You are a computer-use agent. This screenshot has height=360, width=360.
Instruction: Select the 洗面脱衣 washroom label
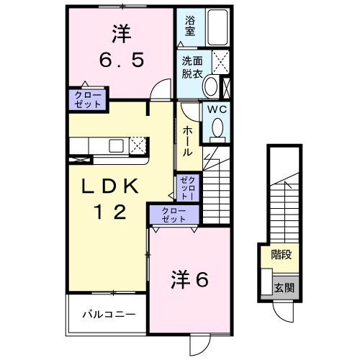(x=191, y=66)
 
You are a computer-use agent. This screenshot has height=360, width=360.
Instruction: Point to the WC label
(x=218, y=109)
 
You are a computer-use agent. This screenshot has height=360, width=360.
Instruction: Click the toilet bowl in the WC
(x=218, y=129)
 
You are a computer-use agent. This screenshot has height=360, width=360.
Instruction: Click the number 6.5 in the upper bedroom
(x=121, y=60)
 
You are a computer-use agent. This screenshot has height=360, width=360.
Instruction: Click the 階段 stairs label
(x=281, y=253)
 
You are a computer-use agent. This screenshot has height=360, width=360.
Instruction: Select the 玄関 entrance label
(x=283, y=286)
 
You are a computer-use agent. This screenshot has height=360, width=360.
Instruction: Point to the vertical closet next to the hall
(x=185, y=187)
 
